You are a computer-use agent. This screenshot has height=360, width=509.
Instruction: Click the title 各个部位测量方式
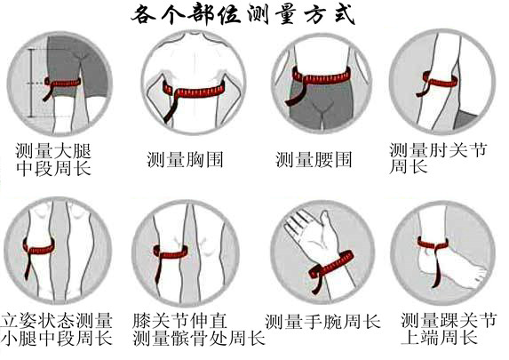[x=254, y=15]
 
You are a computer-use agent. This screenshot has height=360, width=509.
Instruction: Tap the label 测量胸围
[x=185, y=160]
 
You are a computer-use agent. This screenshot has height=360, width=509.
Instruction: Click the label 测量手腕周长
[x=322, y=319]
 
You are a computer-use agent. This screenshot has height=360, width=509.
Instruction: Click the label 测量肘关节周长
[x=438, y=158]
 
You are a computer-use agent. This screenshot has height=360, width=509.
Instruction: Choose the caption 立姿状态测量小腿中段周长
[x=57, y=329]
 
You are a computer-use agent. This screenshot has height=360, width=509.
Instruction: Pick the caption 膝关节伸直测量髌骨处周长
[x=197, y=329]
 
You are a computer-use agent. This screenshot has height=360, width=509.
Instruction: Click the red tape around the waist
[x=321, y=76]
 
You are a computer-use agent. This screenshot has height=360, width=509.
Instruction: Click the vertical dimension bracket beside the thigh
[x=32, y=84]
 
